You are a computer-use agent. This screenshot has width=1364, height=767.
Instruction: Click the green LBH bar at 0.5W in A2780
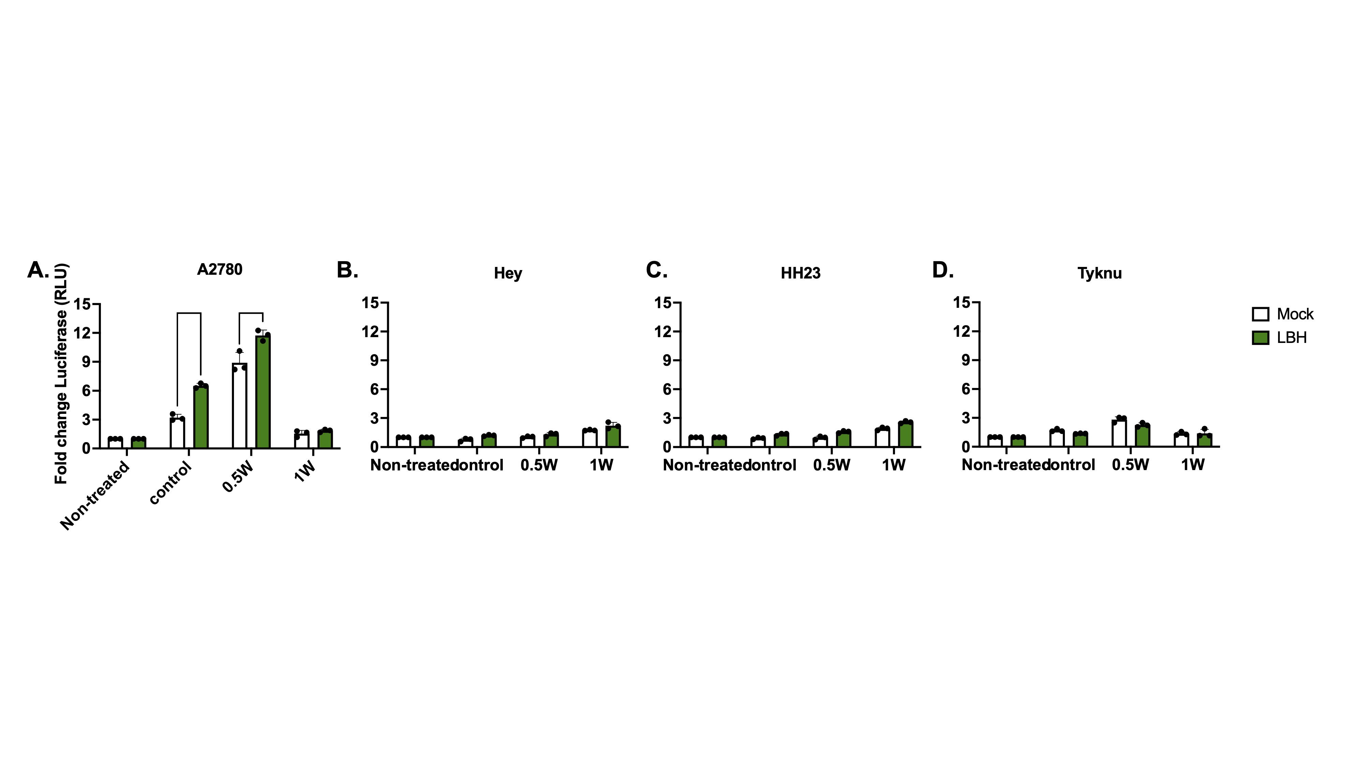263,392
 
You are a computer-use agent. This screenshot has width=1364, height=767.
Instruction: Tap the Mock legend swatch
1260,314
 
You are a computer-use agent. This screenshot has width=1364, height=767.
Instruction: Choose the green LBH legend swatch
1260,338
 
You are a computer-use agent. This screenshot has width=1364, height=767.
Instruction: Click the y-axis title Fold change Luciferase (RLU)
62,373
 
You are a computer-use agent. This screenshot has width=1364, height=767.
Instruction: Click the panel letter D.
942,270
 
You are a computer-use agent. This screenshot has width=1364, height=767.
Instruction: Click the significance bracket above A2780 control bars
189,313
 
